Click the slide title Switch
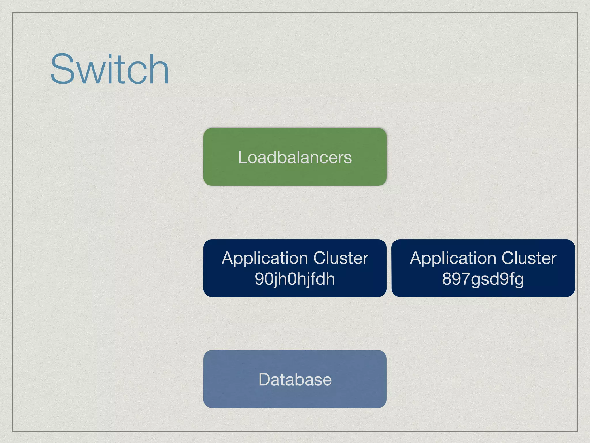[x=109, y=69]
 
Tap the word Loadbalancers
[x=295, y=157]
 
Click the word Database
[x=295, y=379]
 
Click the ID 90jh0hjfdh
[x=295, y=279]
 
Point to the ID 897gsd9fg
[x=483, y=279]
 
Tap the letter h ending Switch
[x=160, y=69]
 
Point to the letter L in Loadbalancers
[x=243, y=157]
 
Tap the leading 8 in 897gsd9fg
[x=447, y=279]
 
